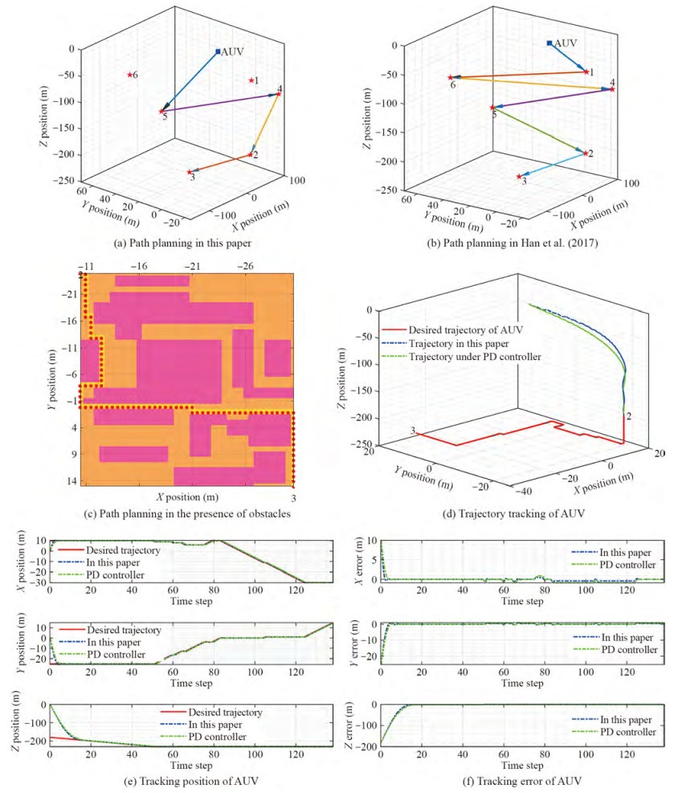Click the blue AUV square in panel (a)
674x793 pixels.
(218, 52)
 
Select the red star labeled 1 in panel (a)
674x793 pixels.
(251, 80)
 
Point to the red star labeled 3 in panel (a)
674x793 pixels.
(190, 172)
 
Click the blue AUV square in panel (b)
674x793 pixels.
(549, 43)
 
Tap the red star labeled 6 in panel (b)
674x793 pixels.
(450, 78)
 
